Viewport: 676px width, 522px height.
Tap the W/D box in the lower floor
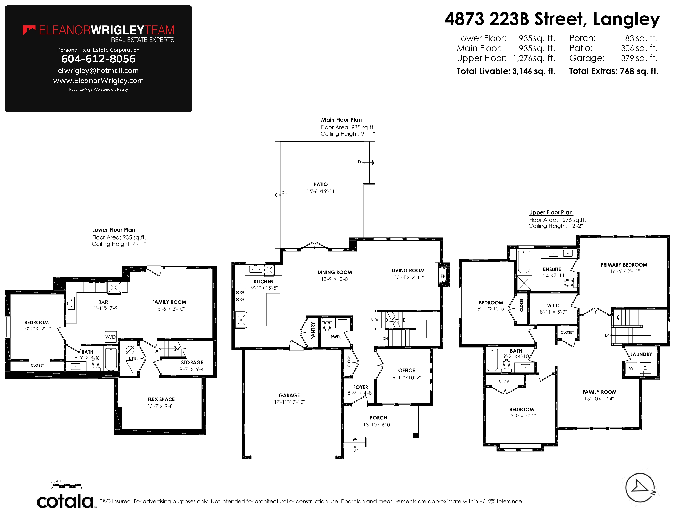[110, 337]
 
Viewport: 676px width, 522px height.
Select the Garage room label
[289, 395]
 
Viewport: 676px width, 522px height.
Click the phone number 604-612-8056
[98, 59]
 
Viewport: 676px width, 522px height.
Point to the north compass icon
[640, 488]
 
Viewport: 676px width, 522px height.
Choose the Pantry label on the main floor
[313, 331]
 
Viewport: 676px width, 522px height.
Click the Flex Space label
[161, 399]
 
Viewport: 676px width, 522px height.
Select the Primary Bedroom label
[624, 265]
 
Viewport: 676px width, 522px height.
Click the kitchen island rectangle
[273, 310]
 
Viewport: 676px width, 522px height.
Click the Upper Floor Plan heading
[551, 212]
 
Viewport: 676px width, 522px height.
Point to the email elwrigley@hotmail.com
[98, 70]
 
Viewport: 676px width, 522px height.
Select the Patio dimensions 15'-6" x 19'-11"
[321, 191]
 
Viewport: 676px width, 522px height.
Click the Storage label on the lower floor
[192, 362]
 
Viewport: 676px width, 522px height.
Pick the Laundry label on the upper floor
[641, 354]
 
